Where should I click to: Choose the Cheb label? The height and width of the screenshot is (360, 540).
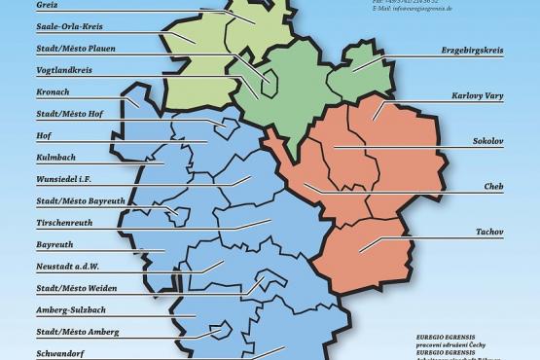pos(492,185)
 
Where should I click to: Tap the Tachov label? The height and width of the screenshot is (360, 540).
pos(488,233)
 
